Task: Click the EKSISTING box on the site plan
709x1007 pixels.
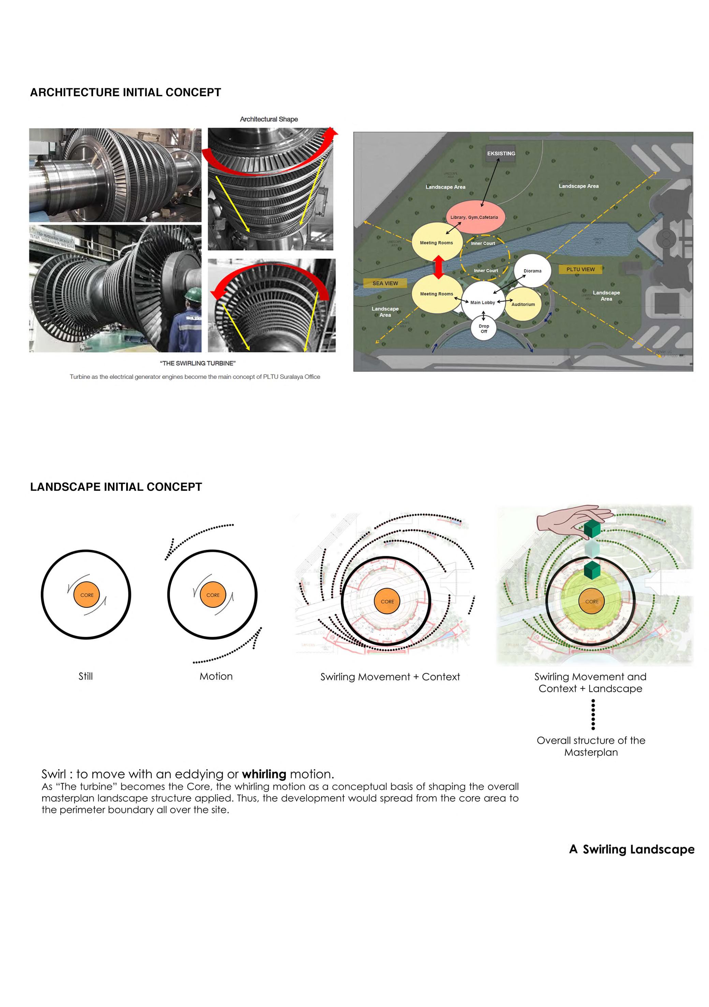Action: click(501, 153)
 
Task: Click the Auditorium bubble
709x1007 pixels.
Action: click(523, 304)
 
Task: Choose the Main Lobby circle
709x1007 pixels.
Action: click(482, 302)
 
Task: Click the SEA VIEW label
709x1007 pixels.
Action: click(385, 283)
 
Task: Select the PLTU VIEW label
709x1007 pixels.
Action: click(580, 269)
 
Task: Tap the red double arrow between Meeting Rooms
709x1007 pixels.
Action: click(438, 267)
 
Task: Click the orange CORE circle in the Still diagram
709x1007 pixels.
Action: click(87, 595)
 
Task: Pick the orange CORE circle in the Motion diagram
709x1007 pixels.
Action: click(213, 595)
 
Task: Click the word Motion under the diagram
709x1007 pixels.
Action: click(216, 676)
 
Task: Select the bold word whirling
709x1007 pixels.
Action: click(264, 774)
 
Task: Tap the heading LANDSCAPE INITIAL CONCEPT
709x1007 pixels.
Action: click(116, 487)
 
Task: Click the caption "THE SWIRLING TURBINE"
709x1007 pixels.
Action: click(197, 363)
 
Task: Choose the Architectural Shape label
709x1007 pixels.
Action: click(268, 119)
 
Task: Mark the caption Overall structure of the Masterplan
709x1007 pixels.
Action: click(591, 746)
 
